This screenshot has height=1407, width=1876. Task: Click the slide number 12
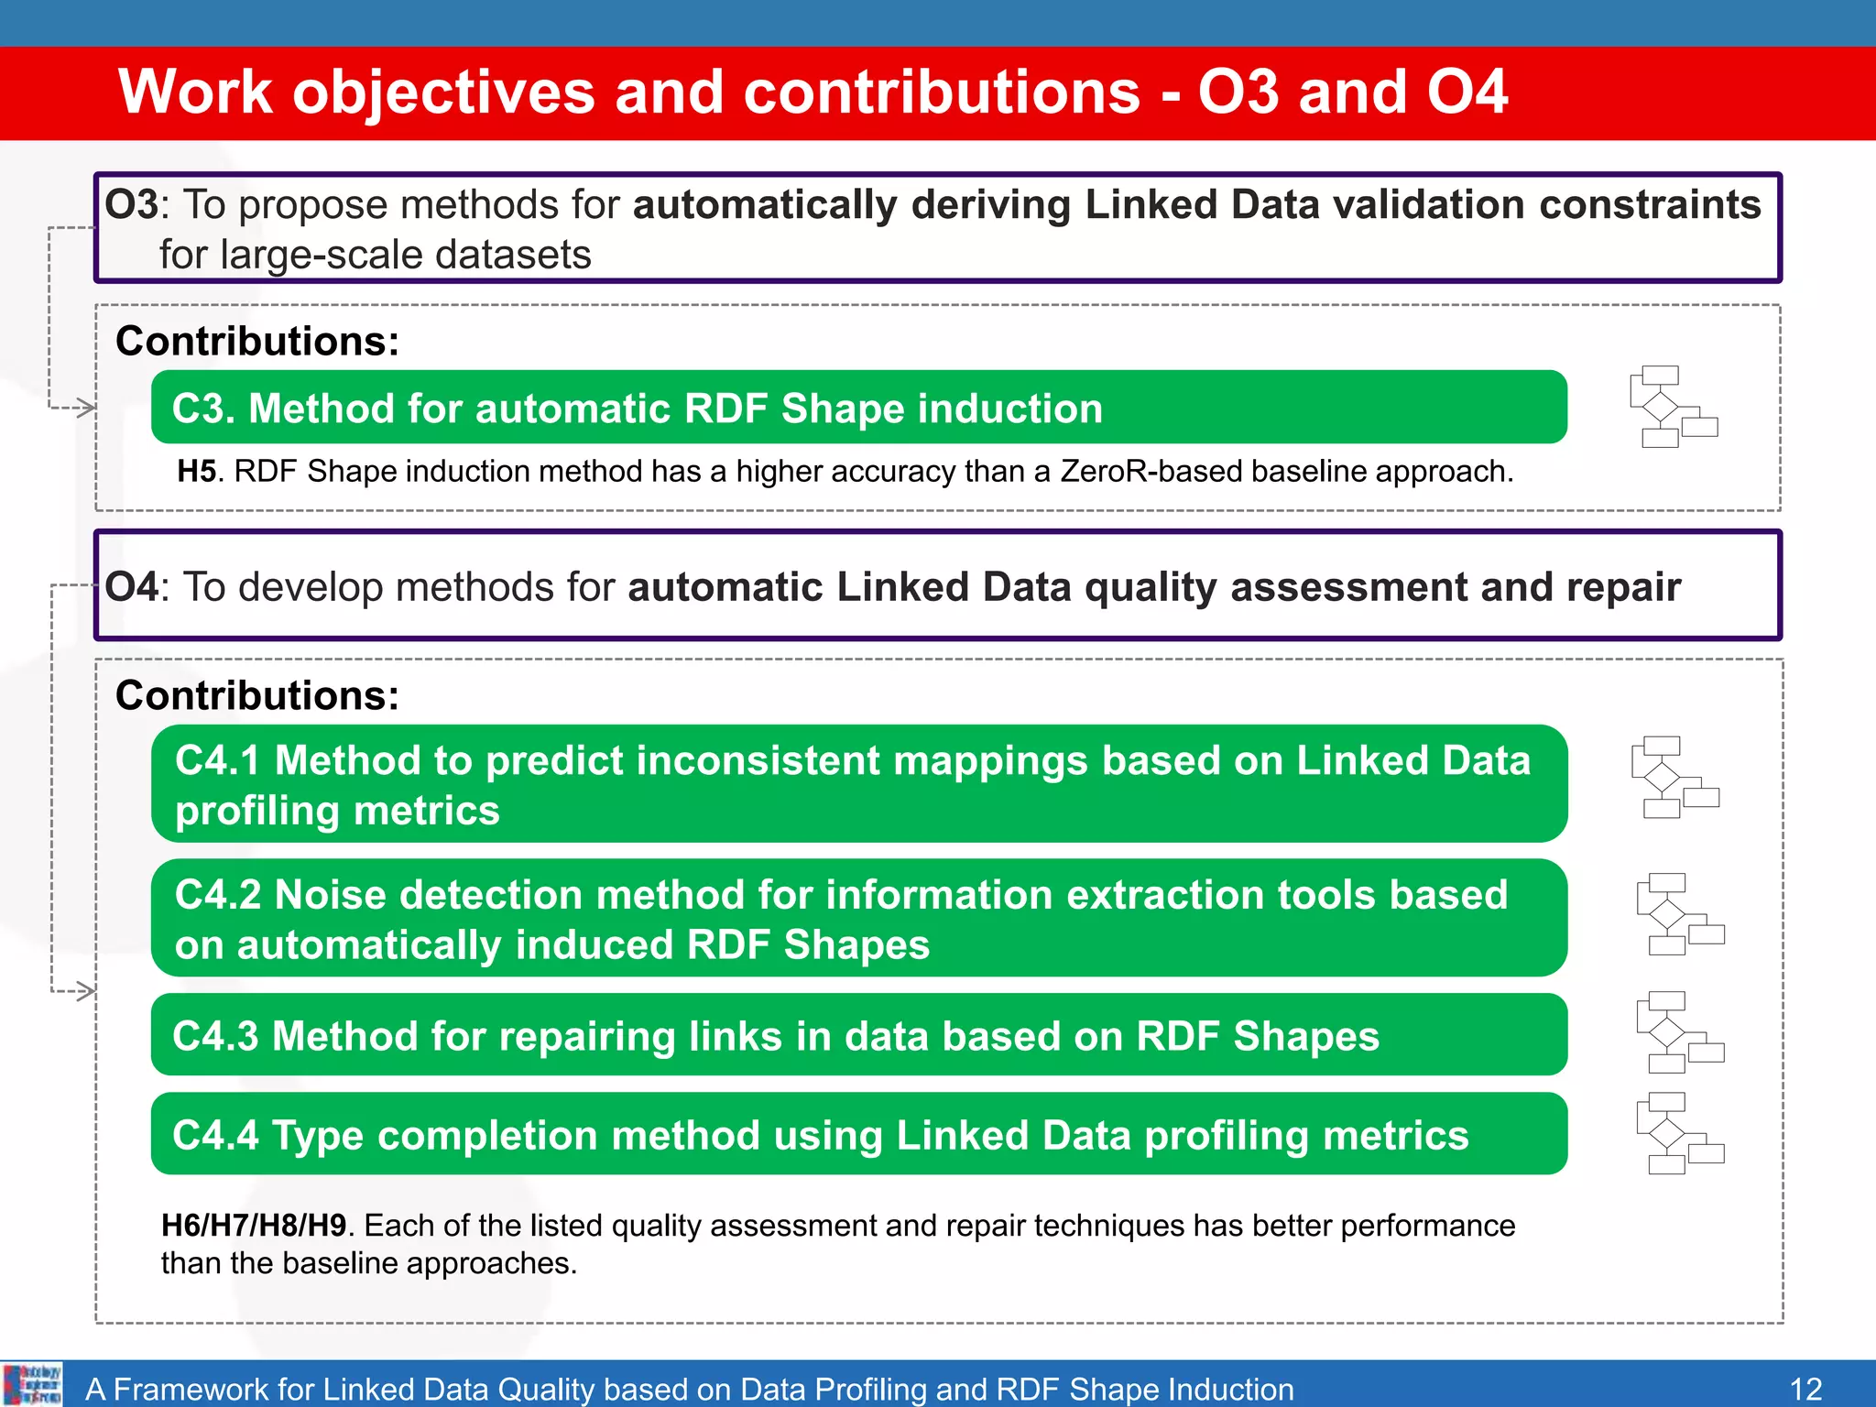pos(1805,1389)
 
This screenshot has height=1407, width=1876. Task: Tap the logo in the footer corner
pos(32,1384)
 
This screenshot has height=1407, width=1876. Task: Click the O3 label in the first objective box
pos(131,204)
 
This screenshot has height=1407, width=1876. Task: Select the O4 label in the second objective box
pos(131,587)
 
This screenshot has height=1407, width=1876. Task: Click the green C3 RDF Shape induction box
pos(858,408)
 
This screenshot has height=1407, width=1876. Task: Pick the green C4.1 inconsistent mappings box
pos(858,784)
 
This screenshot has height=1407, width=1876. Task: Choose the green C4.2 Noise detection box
pos(858,918)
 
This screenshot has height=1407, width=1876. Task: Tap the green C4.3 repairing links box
pos(858,1035)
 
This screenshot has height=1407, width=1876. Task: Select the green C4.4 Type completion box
pos(858,1134)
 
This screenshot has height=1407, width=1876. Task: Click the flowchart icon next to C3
pos(1673,407)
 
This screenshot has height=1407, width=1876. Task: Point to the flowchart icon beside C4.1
pos(1674,777)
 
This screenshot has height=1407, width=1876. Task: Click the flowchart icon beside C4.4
pos(1680,1133)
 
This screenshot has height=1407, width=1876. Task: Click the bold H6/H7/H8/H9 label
pos(253,1226)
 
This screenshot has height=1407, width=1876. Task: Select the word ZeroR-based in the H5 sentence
pos(1151,472)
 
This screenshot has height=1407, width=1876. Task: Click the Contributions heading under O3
pos(257,342)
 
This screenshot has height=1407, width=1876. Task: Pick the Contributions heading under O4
pos(257,696)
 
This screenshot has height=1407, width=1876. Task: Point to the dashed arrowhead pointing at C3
pos(86,408)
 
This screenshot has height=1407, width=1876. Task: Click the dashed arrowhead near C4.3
pos(86,991)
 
